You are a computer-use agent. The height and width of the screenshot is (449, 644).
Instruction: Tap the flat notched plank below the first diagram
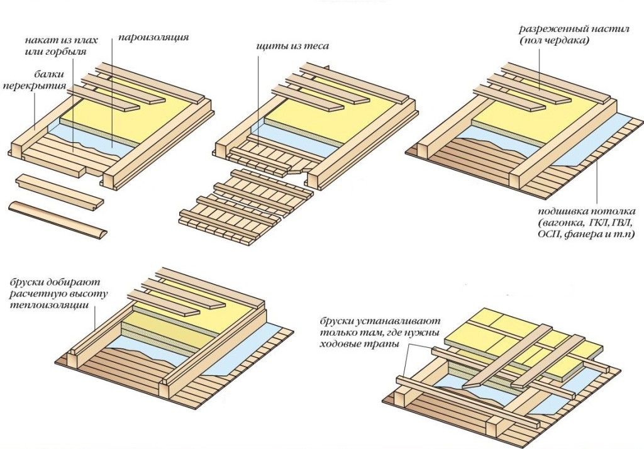[x=56, y=187]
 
